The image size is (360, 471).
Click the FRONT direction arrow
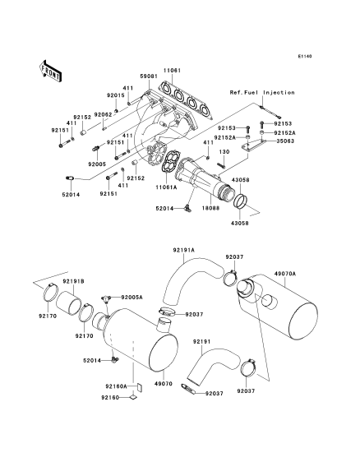click(x=50, y=71)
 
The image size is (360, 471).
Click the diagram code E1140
click(x=305, y=56)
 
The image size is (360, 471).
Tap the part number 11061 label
click(x=172, y=71)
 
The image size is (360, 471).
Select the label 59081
click(x=149, y=76)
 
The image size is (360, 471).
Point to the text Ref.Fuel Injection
click(x=262, y=93)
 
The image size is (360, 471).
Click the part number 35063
click(x=285, y=141)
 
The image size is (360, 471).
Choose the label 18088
click(x=210, y=208)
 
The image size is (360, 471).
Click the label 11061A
click(x=166, y=187)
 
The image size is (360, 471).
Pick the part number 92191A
click(x=184, y=250)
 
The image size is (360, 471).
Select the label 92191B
click(x=73, y=281)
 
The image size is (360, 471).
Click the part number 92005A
click(x=132, y=297)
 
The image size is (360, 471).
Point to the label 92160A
click(x=116, y=386)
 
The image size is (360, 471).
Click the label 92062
click(x=103, y=114)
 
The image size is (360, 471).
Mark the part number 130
click(x=224, y=152)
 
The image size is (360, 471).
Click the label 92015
click(x=116, y=95)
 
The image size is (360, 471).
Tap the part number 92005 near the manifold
click(x=97, y=164)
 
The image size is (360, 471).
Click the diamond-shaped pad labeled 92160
click(x=132, y=397)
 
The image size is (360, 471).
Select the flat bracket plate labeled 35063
click(x=253, y=145)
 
